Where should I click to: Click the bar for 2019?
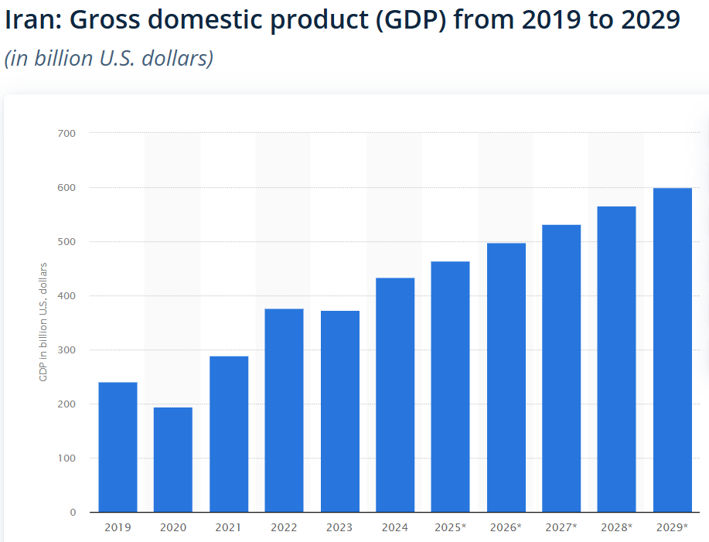click(x=118, y=447)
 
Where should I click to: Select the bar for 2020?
click(x=173, y=459)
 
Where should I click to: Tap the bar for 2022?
click(x=284, y=410)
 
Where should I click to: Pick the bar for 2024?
click(x=395, y=394)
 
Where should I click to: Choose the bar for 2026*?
click(x=506, y=377)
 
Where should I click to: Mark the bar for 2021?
click(x=229, y=434)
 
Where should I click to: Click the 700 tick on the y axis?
click(x=66, y=133)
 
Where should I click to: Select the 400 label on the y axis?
click(x=66, y=295)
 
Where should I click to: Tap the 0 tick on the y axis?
click(x=73, y=512)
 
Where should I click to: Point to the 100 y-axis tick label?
click(x=66, y=458)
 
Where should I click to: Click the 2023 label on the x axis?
click(x=339, y=527)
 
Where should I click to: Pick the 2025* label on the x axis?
click(x=451, y=527)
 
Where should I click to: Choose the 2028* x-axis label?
click(x=617, y=527)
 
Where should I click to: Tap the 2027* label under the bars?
click(x=561, y=527)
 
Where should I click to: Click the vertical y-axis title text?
click(x=43, y=322)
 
